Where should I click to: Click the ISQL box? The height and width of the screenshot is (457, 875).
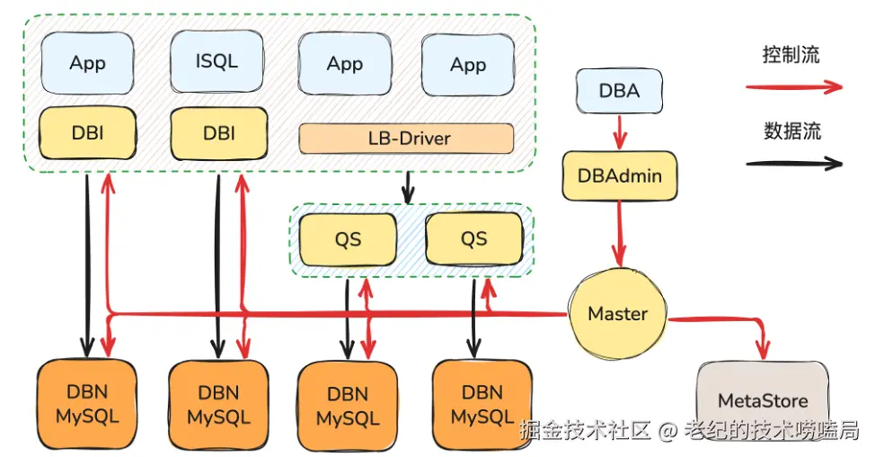click(217, 62)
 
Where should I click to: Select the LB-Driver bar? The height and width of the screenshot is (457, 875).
click(406, 139)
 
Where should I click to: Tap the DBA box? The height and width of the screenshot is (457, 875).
click(619, 91)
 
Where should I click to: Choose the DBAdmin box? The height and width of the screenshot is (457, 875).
click(618, 175)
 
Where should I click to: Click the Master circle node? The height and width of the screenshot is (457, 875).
click(617, 314)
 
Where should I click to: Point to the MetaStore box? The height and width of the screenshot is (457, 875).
click(763, 400)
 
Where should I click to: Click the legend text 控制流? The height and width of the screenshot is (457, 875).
click(791, 55)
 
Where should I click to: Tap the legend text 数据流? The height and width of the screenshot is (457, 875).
click(791, 131)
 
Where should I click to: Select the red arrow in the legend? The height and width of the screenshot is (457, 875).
click(793, 87)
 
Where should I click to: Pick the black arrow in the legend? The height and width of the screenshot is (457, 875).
click(793, 164)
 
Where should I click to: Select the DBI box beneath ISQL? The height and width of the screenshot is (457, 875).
click(218, 133)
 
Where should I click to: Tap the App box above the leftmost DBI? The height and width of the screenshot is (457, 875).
click(87, 63)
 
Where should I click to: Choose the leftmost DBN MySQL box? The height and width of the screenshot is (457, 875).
click(87, 405)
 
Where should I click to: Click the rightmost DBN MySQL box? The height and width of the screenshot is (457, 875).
click(482, 405)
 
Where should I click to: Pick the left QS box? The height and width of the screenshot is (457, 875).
click(348, 238)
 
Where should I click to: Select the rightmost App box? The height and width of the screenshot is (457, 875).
click(468, 64)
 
